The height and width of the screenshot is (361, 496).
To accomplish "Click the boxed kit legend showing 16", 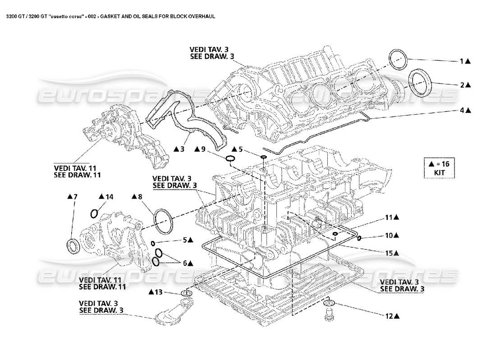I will pos(439,167).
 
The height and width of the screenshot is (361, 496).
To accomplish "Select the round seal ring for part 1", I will pos(397,60).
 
